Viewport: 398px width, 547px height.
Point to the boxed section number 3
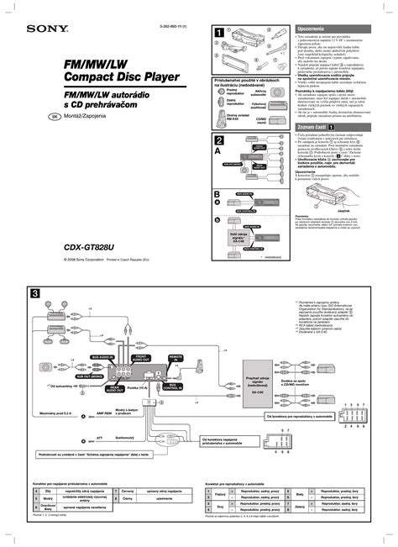click(x=35, y=293)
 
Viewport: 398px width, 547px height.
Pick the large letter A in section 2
click(x=219, y=154)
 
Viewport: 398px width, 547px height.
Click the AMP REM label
click(x=106, y=414)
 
